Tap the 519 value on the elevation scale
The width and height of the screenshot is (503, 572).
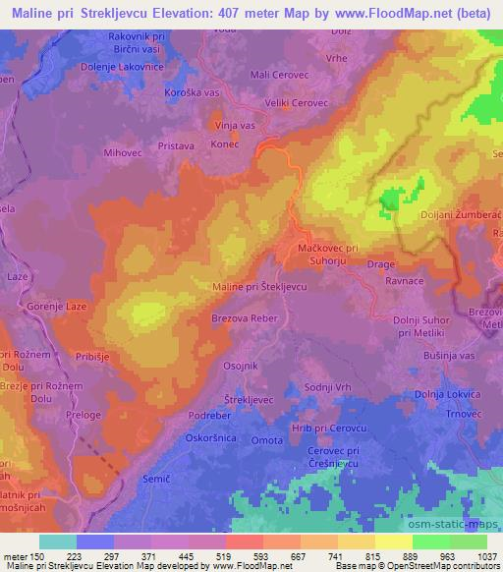click(x=222, y=555)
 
